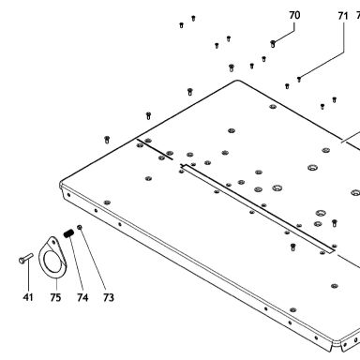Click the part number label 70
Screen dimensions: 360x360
294,15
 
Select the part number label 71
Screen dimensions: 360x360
343,16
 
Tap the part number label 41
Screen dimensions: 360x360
28,297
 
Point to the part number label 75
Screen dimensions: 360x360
55,297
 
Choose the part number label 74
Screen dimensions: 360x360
82,297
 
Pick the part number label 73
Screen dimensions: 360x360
109,297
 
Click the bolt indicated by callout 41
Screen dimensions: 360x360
25,259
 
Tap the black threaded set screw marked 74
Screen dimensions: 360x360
68,233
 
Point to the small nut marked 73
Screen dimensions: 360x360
80,227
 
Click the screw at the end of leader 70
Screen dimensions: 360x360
273,44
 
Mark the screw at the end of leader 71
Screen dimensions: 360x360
299,80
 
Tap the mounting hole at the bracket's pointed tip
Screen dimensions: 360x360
53,242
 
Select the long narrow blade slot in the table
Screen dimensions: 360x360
258,207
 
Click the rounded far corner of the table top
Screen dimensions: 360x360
237,81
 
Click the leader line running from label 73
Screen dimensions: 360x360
93,259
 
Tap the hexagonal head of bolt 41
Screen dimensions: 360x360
22,261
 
